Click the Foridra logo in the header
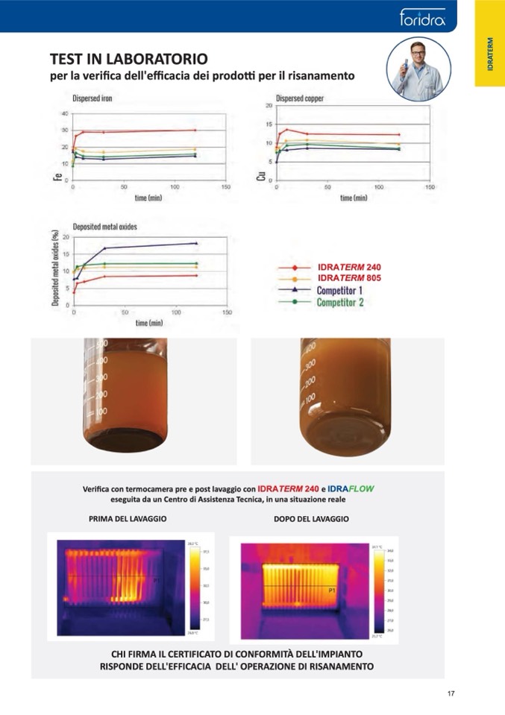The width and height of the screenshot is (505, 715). point(422,16)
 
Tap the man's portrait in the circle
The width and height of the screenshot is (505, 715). point(418,69)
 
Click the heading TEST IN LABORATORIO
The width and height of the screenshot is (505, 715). point(128,59)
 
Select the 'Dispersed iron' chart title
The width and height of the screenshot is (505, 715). point(92,98)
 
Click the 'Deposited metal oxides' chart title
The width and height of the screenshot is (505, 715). point(104,227)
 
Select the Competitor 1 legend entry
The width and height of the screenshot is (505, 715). point(339,290)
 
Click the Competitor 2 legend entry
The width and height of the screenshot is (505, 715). point(339,302)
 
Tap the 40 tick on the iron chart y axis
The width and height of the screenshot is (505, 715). point(64,114)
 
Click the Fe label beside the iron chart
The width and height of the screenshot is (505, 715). point(57,177)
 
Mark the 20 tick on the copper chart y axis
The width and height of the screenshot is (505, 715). point(269,106)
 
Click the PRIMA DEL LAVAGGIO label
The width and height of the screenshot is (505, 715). point(128,518)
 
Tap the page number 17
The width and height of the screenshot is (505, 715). point(451,693)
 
